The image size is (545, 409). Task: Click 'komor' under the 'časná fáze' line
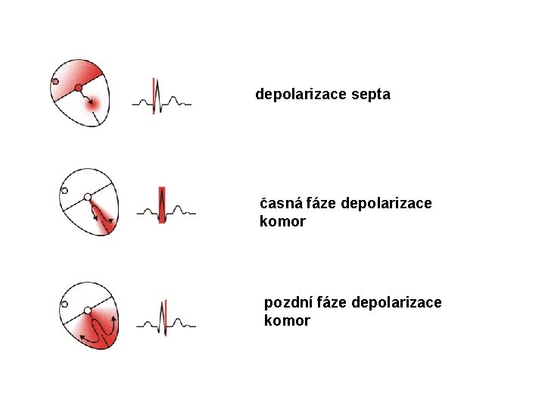(x=282, y=222)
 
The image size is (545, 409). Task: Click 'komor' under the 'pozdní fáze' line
(x=287, y=321)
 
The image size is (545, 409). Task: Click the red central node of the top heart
(x=79, y=89)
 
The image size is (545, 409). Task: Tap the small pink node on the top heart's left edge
(x=55, y=82)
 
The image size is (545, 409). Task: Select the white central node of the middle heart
(x=87, y=197)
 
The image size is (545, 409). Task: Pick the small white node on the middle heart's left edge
(x=64, y=190)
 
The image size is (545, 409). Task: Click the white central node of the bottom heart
(x=87, y=311)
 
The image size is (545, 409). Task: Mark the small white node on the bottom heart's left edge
(x=64, y=304)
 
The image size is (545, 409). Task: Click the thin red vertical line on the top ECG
(x=154, y=95)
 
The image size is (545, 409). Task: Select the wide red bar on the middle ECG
(x=161, y=204)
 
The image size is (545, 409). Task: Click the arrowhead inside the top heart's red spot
(x=92, y=104)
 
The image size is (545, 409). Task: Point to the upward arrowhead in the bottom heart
(x=114, y=320)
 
